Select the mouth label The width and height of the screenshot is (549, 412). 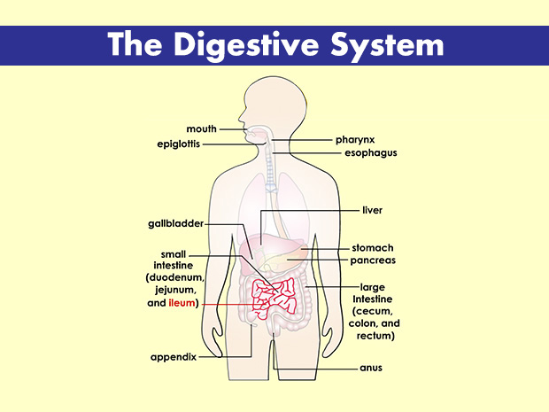pos(201,129)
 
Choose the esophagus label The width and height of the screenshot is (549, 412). pos(370,153)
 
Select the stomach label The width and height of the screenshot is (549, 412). pos(373,248)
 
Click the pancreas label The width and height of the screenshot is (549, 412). pos(373,261)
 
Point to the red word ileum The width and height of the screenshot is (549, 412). pos(181,303)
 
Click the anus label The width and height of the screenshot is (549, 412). pos(370,367)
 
